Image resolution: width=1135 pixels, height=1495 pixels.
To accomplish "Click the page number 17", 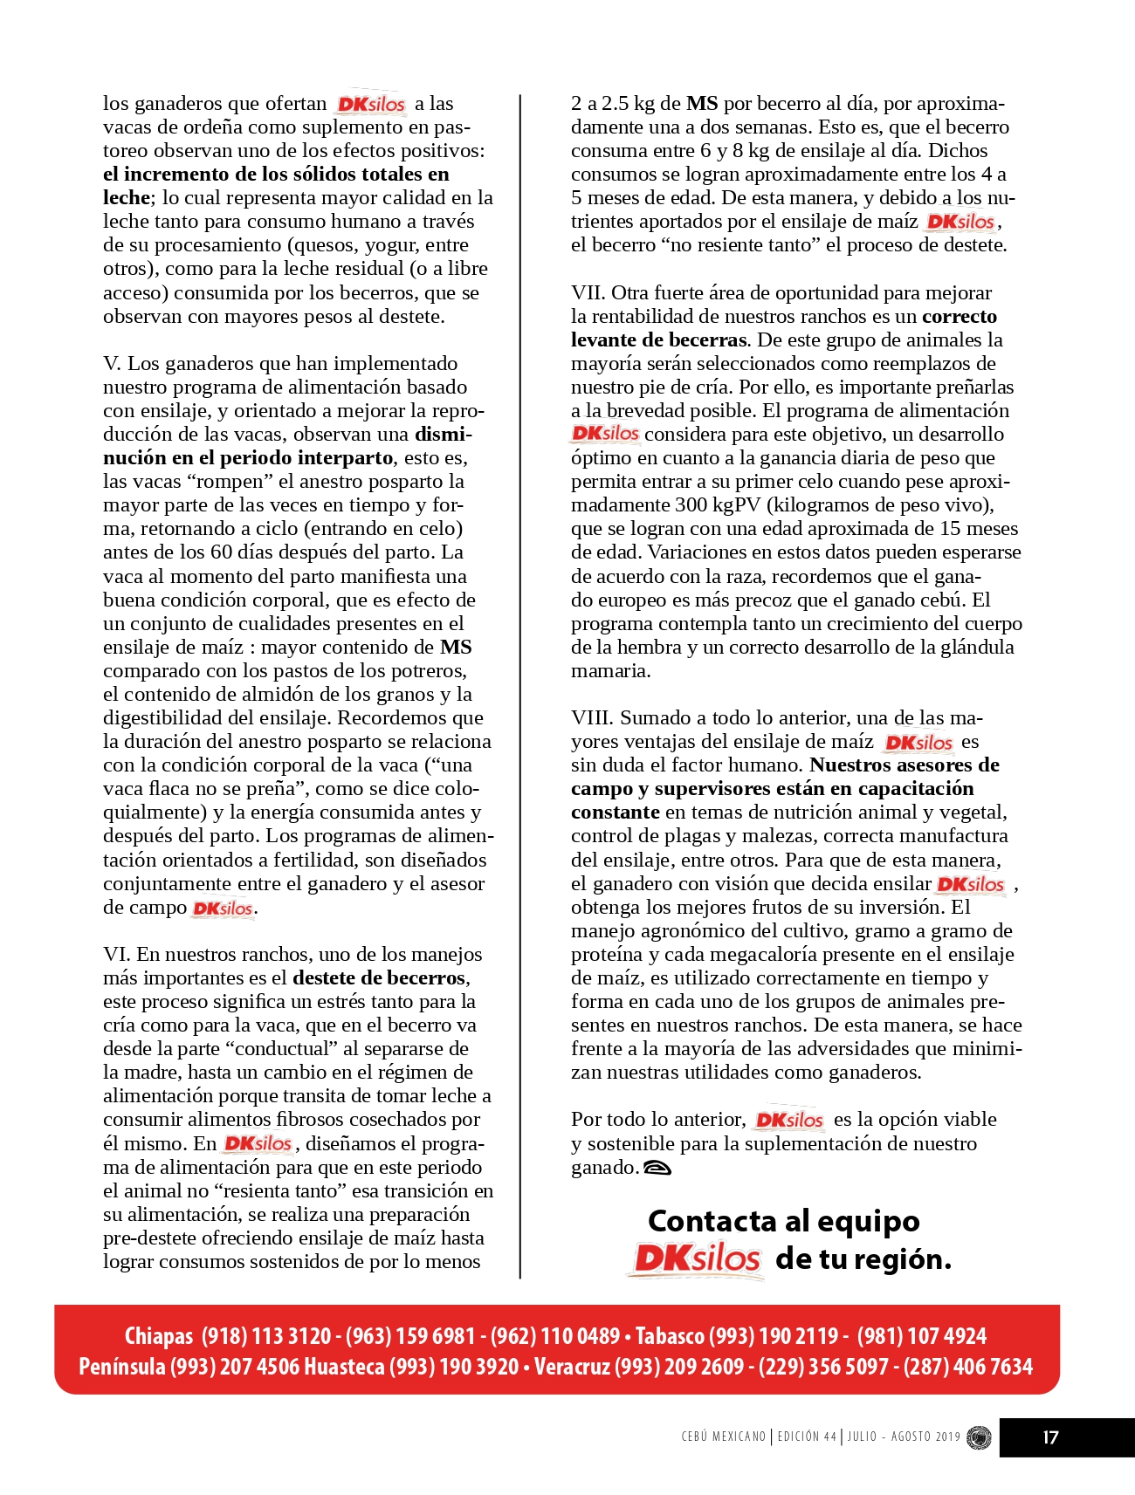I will pyautogui.click(x=1050, y=1437).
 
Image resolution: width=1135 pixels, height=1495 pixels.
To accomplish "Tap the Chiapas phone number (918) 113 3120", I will pyautogui.click(x=266, y=1335).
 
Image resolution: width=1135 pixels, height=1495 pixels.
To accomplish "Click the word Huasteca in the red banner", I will pyautogui.click(x=344, y=1366).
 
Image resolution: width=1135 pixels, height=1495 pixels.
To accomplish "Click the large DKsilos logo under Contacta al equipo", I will pyautogui.click(x=697, y=1258).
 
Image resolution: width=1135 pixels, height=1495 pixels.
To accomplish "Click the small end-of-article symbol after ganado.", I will pyautogui.click(x=657, y=1168).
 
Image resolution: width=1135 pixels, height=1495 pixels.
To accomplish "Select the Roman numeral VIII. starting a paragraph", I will pyautogui.click(x=593, y=717).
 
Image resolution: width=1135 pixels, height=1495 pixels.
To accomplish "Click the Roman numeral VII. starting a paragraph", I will pyautogui.click(x=588, y=292).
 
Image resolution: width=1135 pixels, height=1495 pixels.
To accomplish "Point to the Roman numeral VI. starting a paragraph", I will pyautogui.click(x=116, y=954).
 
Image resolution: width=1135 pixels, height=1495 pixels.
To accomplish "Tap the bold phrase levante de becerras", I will pyautogui.click(x=659, y=339).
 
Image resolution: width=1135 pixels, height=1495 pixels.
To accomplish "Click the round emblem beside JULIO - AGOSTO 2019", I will pyautogui.click(x=980, y=1437).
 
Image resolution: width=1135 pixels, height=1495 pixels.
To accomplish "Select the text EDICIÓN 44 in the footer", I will pyautogui.click(x=807, y=1437).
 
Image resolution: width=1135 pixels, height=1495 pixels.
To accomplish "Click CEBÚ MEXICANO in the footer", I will pyautogui.click(x=723, y=1437).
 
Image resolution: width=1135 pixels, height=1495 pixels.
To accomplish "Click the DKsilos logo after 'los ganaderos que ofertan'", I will pyautogui.click(x=371, y=104).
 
